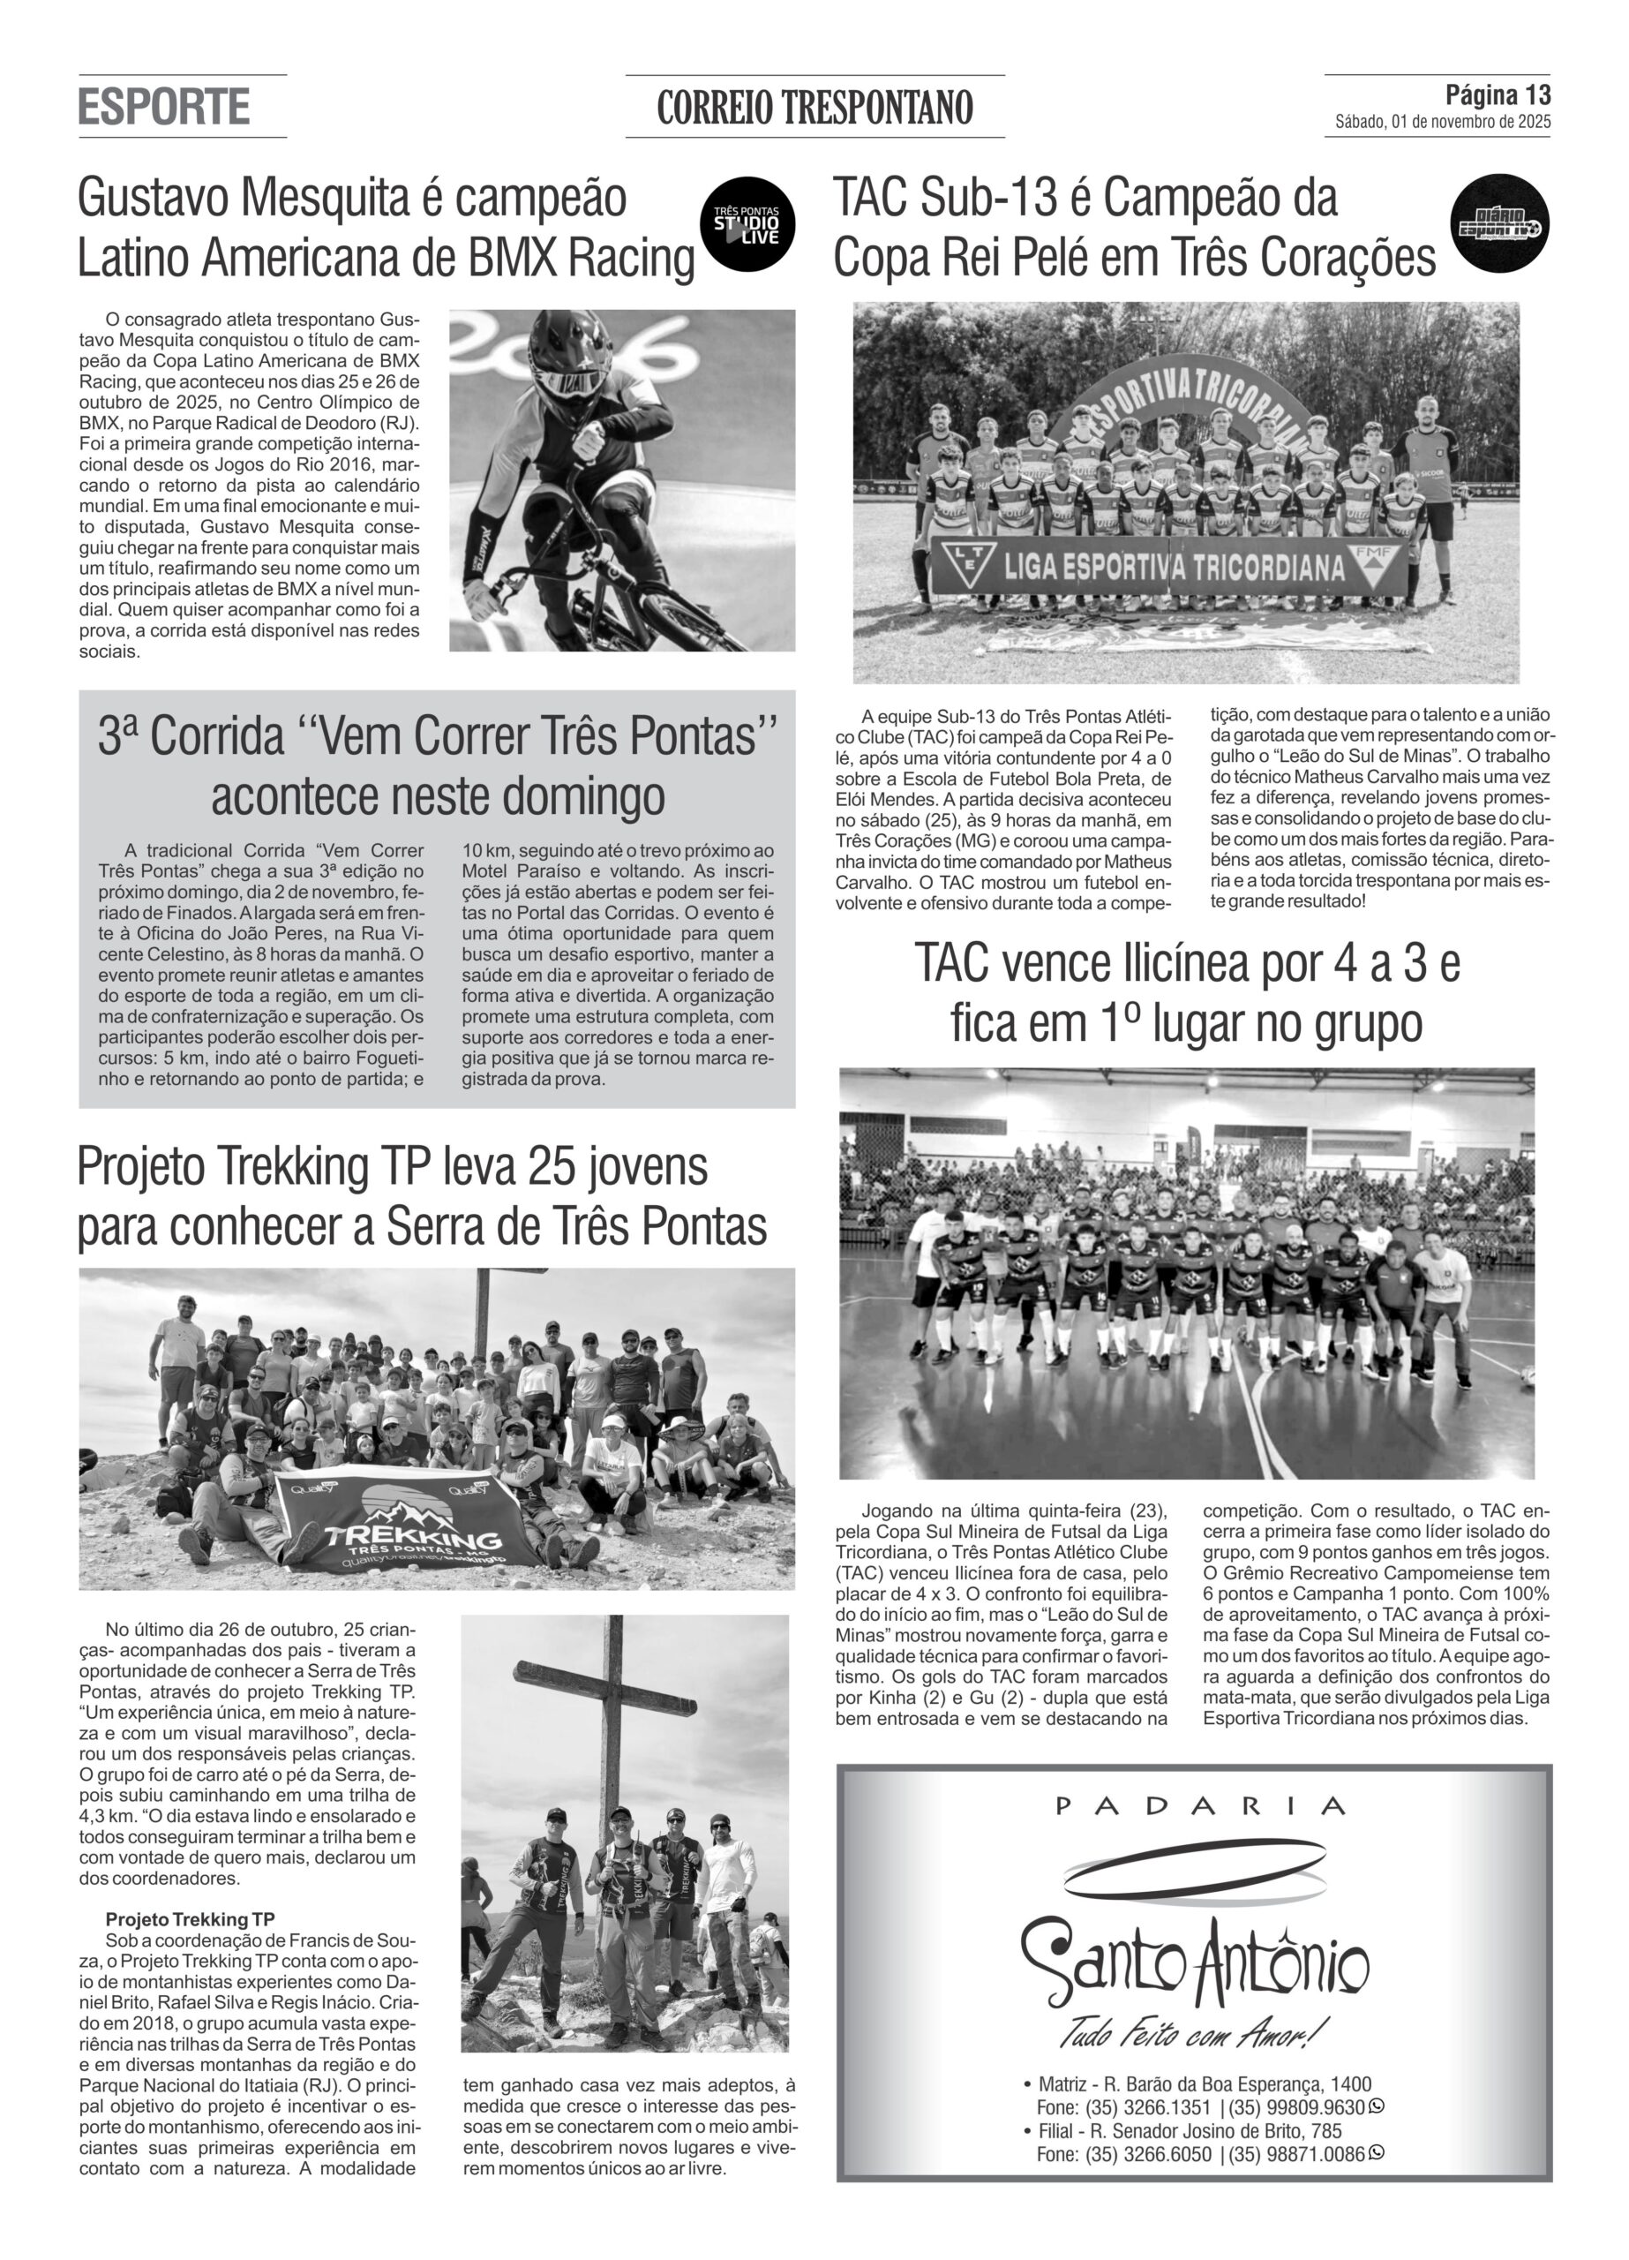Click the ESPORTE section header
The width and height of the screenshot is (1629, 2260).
tap(163, 107)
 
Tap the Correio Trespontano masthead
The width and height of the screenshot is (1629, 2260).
tap(814, 107)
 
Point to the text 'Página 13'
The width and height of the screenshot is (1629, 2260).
tap(1498, 94)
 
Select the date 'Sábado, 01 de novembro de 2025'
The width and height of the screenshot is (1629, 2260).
tap(1442, 123)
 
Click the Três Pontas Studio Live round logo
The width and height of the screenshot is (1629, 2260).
tap(747, 225)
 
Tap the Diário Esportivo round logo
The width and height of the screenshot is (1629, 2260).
tap(1498, 224)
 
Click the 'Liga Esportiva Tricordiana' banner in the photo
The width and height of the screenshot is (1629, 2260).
tap(1171, 568)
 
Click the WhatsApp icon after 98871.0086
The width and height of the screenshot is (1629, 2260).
tap(1377, 2153)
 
